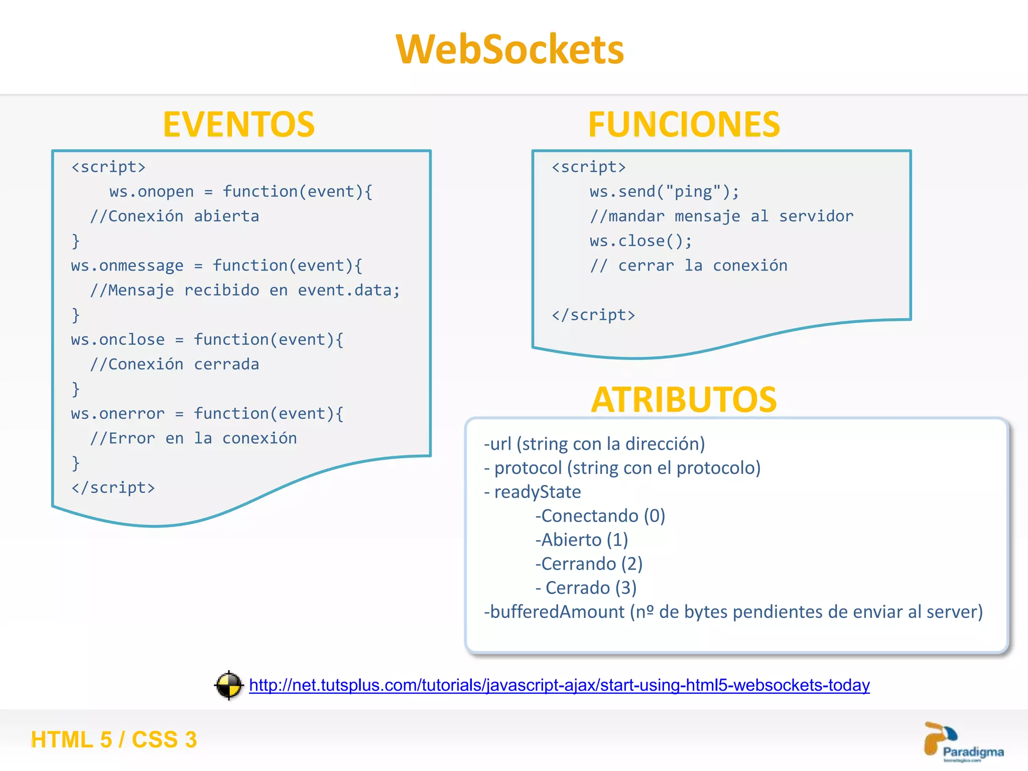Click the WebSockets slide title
tap(509, 49)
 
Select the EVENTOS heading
tap(239, 124)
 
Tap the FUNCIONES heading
tap(684, 124)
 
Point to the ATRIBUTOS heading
tap(684, 400)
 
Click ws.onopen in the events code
tap(152, 192)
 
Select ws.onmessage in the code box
tap(127, 266)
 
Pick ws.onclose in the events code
tap(117, 340)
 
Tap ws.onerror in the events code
tap(117, 414)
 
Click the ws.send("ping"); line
tap(664, 192)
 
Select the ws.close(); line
tap(641, 241)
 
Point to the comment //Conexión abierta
tap(174, 216)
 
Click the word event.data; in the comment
tap(348, 290)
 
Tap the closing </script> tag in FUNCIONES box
tap(593, 315)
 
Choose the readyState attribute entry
tap(537, 492)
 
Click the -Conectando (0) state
tap(600, 516)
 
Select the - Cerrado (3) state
tap(586, 588)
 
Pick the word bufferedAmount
tap(557, 612)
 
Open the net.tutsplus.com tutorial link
tap(559, 685)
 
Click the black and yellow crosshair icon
tap(229, 685)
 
